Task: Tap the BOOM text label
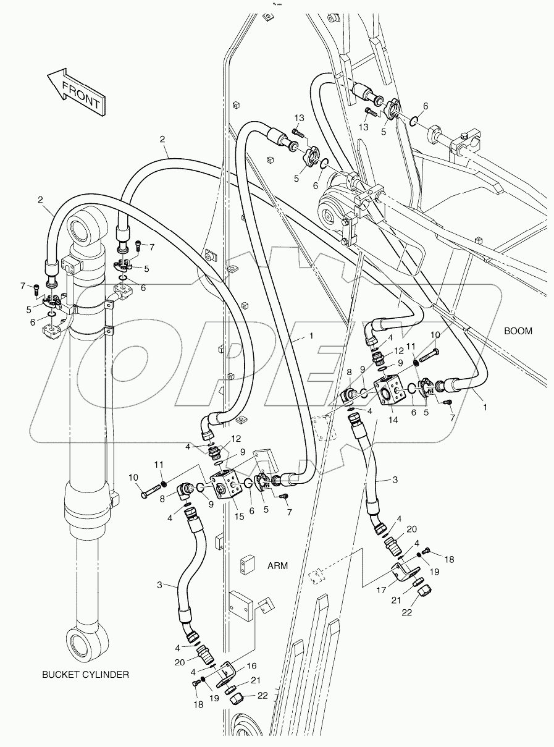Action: click(518, 331)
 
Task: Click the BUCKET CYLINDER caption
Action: click(86, 674)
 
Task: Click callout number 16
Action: click(251, 665)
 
